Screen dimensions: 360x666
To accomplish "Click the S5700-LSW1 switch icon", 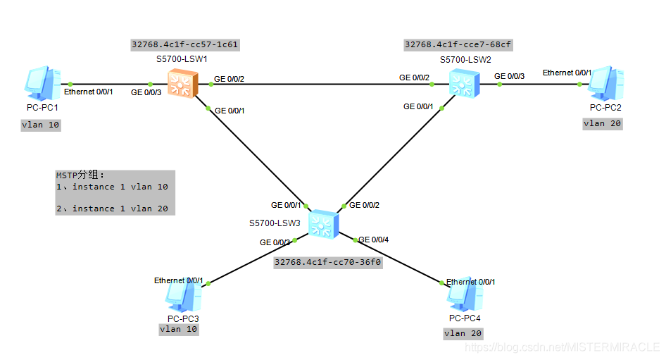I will coord(183,84).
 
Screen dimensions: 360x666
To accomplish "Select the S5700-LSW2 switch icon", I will coord(464,85).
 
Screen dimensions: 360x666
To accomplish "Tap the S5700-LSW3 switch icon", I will coord(323,223).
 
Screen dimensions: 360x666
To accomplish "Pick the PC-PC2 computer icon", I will coord(605,84).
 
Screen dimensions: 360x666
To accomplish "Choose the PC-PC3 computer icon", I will coord(184,296).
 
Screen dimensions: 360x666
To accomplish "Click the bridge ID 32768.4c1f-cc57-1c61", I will coord(184,44).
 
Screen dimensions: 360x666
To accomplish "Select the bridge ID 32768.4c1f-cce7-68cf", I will coord(458,44).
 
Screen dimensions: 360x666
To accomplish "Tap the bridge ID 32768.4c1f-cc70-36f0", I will coord(327,262).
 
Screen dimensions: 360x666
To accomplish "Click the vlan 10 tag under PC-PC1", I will coord(41,125).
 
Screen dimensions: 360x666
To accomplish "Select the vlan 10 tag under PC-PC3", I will coord(180,329).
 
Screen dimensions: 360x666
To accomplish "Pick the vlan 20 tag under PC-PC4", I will coord(463,333).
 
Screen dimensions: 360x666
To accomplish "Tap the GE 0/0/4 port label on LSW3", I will coord(374,240).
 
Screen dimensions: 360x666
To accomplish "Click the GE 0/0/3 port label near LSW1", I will coord(146,92).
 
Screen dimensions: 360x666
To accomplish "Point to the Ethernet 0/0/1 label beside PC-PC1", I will coord(89,92).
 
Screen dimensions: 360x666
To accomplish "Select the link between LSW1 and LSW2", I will coord(317,85).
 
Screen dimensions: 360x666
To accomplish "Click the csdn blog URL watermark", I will coord(563,348).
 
